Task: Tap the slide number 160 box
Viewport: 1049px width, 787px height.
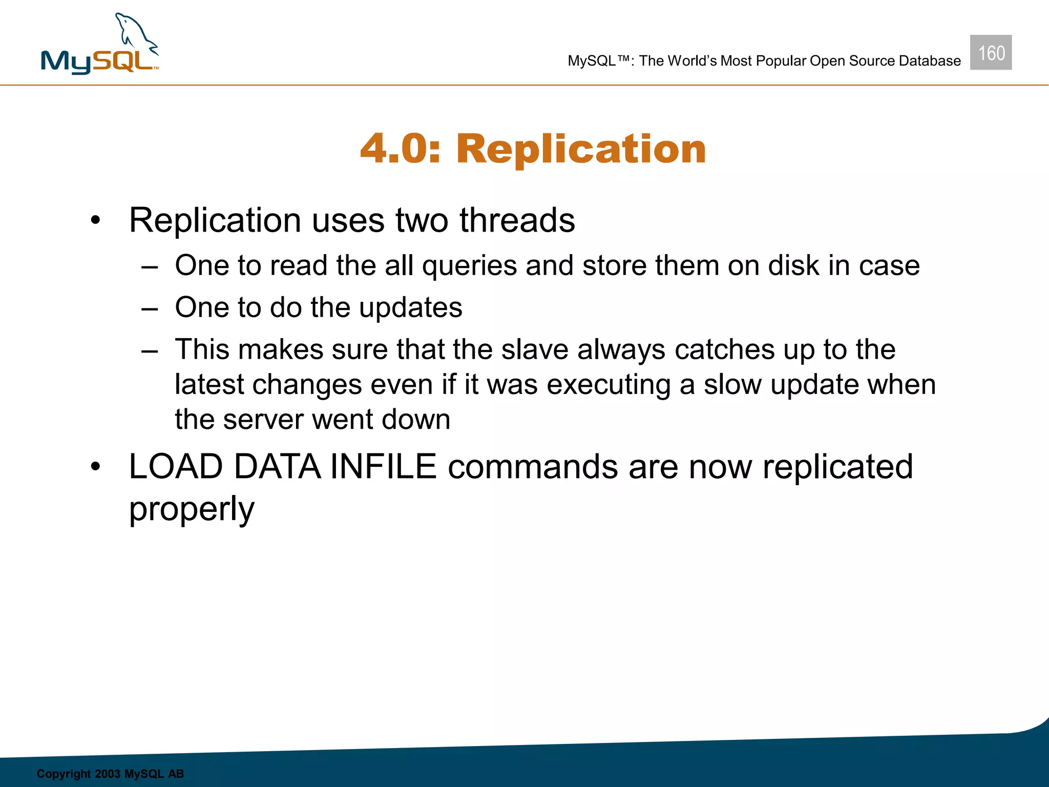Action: (x=991, y=53)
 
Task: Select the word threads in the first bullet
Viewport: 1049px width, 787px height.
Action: (x=517, y=220)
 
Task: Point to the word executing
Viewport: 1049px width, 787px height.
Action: (x=609, y=385)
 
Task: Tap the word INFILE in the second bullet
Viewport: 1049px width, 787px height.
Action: (x=383, y=467)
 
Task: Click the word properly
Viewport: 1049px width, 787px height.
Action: (x=192, y=509)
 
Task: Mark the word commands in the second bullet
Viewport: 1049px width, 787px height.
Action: (x=533, y=467)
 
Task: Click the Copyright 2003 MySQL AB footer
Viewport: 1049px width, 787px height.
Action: (x=110, y=774)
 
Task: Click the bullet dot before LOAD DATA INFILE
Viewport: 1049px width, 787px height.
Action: (x=95, y=467)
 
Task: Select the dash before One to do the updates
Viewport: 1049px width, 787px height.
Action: (x=150, y=309)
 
